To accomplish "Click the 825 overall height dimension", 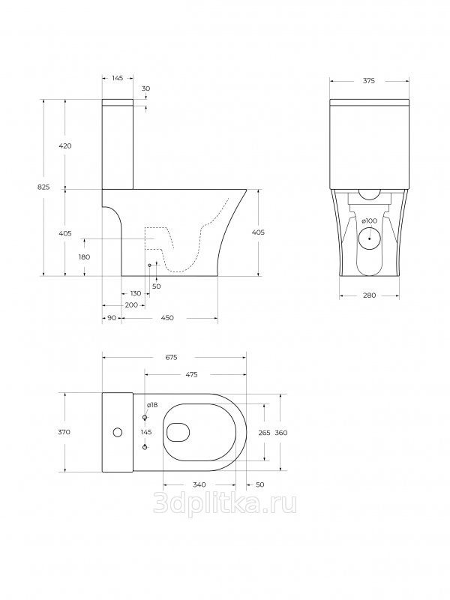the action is [44, 187].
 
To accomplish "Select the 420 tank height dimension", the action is [65, 145].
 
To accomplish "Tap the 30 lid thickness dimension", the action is [145, 88].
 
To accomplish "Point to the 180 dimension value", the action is [84, 257].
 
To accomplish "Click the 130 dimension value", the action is [136, 293].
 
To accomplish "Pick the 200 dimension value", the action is [132, 305].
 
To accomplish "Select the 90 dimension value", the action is [112, 318].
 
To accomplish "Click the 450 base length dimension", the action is [167, 318].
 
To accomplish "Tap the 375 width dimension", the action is [369, 81].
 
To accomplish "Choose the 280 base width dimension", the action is [369, 295].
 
